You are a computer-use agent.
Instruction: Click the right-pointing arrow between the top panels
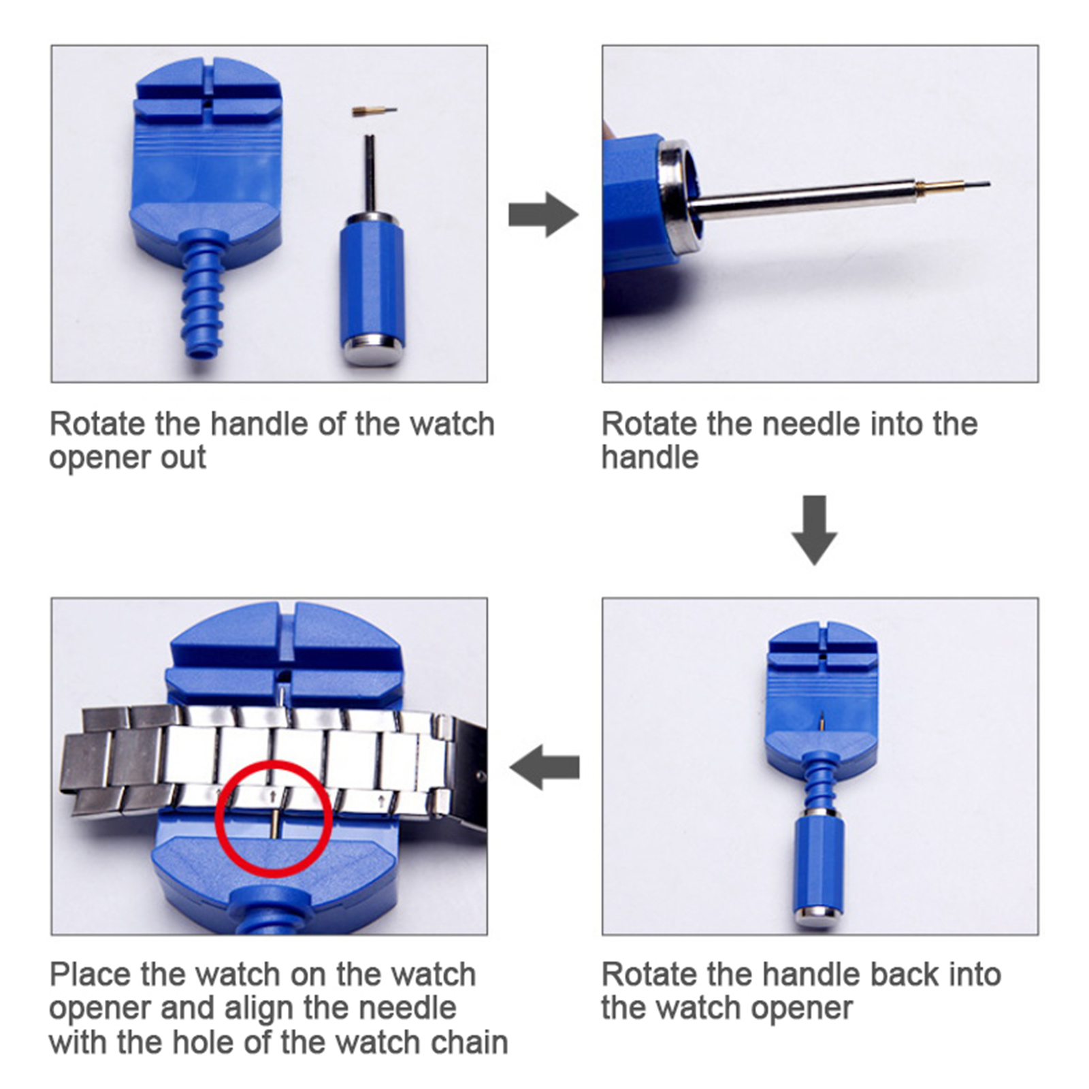click(543, 214)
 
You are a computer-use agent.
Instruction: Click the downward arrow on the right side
click(815, 530)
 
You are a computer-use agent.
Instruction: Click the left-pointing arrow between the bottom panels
click(544, 767)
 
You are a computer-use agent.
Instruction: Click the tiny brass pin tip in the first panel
click(374, 110)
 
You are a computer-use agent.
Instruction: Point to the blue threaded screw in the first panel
click(203, 293)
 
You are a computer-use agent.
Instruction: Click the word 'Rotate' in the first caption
click(98, 424)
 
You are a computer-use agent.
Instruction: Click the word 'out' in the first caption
click(183, 457)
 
